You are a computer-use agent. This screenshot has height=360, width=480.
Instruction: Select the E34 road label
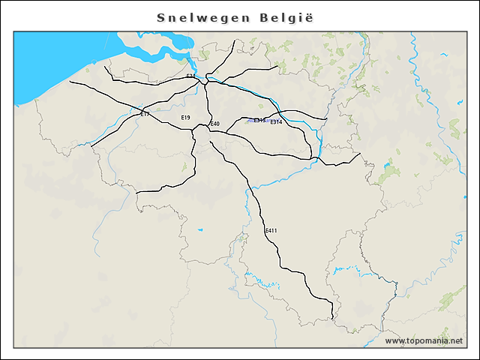point(190,76)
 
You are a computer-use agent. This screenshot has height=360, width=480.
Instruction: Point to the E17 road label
point(145,114)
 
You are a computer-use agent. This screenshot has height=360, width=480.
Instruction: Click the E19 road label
point(185,118)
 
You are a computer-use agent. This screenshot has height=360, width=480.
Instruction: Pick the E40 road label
point(214,124)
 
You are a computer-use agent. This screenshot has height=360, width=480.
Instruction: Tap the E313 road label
point(259,120)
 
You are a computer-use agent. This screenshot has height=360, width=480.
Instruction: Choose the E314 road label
point(276,122)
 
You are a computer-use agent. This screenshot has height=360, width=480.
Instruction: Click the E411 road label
point(271,230)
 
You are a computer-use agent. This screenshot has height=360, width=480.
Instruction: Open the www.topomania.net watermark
point(424,341)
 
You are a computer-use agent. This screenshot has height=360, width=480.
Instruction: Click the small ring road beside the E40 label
point(200,132)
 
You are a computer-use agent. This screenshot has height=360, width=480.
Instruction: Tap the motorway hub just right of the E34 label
point(206,80)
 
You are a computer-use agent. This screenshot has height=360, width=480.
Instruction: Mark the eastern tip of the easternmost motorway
point(361,154)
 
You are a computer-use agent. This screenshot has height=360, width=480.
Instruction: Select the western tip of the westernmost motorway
point(70,81)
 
